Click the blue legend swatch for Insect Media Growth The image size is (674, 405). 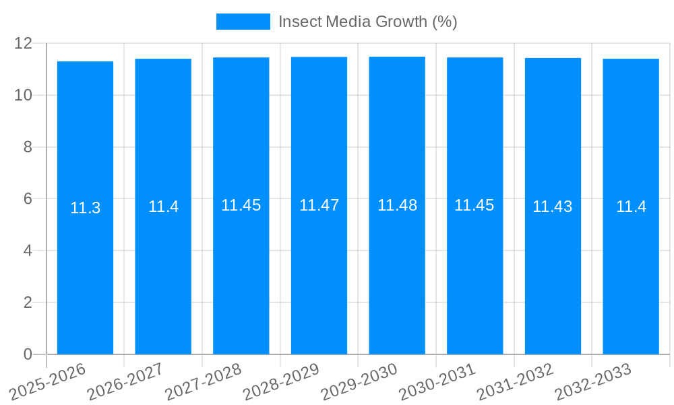point(243,22)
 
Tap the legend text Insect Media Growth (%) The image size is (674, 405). point(367,22)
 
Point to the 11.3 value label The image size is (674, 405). point(85,208)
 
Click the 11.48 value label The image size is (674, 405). point(397,205)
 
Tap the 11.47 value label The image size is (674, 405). point(319,205)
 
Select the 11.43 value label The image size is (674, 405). point(553,207)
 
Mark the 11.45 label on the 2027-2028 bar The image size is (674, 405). point(241,205)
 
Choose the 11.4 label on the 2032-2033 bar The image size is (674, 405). point(631,207)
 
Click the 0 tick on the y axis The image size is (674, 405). point(28,354)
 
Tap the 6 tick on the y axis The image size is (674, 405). point(28,199)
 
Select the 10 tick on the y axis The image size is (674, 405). point(24,95)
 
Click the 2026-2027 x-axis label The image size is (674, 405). point(125,381)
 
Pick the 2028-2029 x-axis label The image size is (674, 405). point(280,381)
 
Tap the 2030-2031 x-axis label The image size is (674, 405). point(437,381)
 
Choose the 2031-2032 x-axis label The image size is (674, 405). point(515,381)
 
